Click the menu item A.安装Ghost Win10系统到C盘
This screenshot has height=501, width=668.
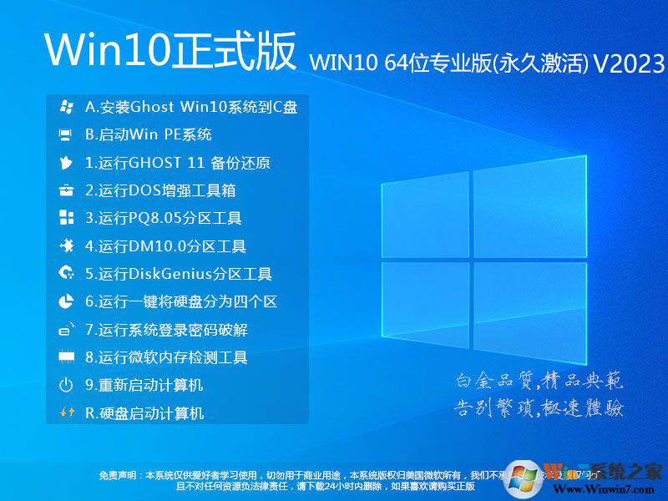point(191,107)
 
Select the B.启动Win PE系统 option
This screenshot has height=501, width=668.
point(149,134)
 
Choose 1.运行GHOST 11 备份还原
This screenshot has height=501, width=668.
point(178,163)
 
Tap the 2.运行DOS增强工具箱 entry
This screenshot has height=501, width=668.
point(160,190)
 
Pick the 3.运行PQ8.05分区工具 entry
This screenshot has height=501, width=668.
point(164,219)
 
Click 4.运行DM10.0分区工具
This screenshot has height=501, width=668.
point(165,246)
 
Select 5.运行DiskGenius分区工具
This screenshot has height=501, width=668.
point(179,274)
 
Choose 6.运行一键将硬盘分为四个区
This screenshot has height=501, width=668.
point(181,301)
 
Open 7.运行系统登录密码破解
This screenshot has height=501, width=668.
point(166,330)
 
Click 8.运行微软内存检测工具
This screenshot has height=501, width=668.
point(166,357)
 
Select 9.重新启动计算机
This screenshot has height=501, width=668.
point(144,385)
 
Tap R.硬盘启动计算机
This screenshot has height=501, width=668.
point(144,412)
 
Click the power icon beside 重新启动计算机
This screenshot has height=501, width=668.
point(66,385)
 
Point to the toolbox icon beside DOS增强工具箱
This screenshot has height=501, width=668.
point(66,190)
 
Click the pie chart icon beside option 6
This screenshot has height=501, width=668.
point(66,301)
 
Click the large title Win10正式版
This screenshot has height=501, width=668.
point(170,52)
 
